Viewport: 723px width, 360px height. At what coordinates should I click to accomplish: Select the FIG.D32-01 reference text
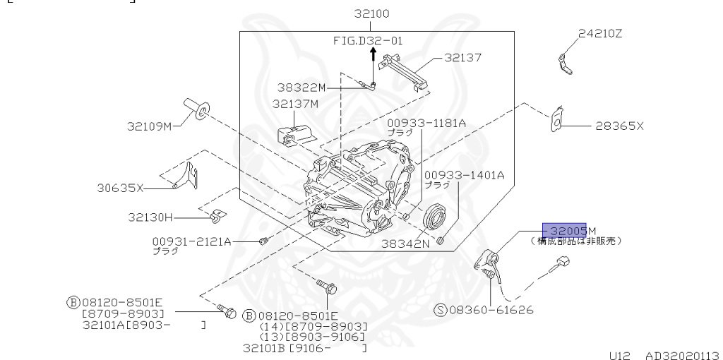point(367,41)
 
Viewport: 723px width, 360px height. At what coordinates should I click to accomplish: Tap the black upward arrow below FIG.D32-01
point(373,56)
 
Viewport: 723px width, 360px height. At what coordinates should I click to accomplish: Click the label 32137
point(462,58)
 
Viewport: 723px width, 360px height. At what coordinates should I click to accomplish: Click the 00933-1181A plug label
point(426,123)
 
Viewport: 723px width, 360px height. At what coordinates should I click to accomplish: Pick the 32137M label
point(296,103)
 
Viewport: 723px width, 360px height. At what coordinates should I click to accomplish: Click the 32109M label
point(149,126)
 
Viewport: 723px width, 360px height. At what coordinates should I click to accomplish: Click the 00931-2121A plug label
point(191,241)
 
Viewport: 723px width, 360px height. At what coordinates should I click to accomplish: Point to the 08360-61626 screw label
point(487,310)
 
